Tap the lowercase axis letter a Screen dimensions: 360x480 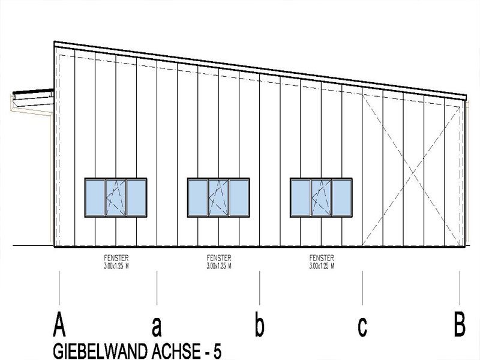coord(157,326)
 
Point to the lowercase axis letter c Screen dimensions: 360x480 coord(362,327)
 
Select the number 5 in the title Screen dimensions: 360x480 coord(217,350)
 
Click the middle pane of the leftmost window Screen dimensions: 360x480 coord(116,197)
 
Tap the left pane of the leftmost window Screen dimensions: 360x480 coord(95,197)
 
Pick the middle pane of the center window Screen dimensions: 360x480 coord(218,197)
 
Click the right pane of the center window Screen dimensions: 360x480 coord(239,197)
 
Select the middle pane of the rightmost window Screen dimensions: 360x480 coord(321,197)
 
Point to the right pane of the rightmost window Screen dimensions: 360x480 coord(342,197)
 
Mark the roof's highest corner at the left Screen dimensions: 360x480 coord(55,42)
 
